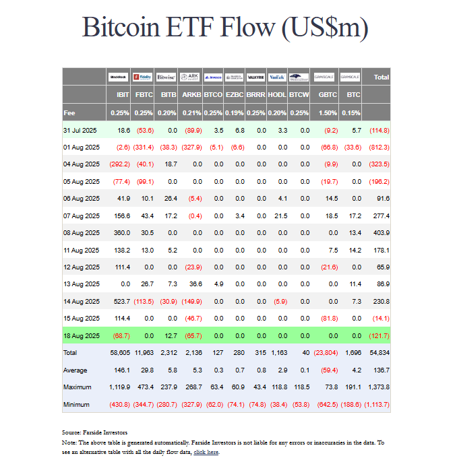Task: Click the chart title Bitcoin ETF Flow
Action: click(226, 28)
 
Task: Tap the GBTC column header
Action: click(328, 95)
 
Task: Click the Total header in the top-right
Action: click(381, 77)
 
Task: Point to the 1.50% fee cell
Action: click(328, 112)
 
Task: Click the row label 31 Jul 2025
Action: click(82, 129)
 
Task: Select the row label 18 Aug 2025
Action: click(82, 335)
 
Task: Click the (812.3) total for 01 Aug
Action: click(379, 147)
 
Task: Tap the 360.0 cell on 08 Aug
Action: click(121, 232)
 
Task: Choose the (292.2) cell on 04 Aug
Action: click(119, 164)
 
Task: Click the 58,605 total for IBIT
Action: click(119, 352)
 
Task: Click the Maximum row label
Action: click(78, 387)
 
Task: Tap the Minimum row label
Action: click(77, 403)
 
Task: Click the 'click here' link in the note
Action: click(206, 452)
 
